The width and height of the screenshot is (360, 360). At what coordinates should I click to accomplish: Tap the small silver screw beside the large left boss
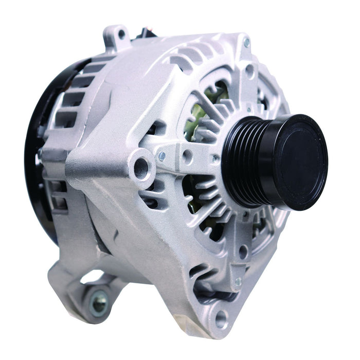pos(162,155)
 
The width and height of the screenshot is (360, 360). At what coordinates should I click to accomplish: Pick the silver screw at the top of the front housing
pos(246,43)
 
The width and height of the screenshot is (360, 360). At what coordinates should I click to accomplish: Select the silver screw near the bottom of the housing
pos(238,281)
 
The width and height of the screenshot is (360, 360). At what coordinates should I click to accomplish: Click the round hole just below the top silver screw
pos(250,70)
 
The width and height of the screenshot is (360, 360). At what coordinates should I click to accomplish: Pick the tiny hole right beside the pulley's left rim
pos(215,159)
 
